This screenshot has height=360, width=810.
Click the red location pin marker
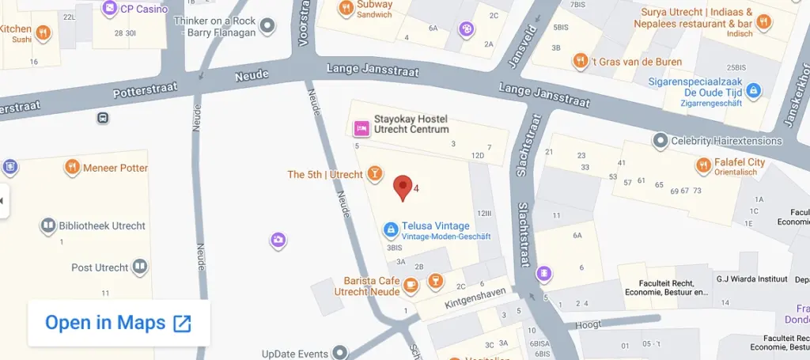tap(403, 187)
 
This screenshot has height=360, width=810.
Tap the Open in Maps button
tap(119, 323)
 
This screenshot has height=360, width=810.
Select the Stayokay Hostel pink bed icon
tap(361, 127)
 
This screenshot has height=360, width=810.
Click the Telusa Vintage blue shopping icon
tap(390, 229)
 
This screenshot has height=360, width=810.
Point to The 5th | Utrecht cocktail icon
tap(374, 173)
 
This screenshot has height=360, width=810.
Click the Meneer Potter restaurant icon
tap(72, 167)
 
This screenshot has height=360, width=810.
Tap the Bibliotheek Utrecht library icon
tap(47, 225)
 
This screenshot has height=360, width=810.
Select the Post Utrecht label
tap(99, 267)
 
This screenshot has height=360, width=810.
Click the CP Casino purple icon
tap(109, 9)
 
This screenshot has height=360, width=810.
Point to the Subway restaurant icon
tap(346, 9)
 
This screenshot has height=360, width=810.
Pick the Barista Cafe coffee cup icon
tap(410, 284)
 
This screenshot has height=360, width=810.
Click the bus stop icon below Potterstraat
tap(103, 118)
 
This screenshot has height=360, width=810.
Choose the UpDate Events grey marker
tap(340, 351)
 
